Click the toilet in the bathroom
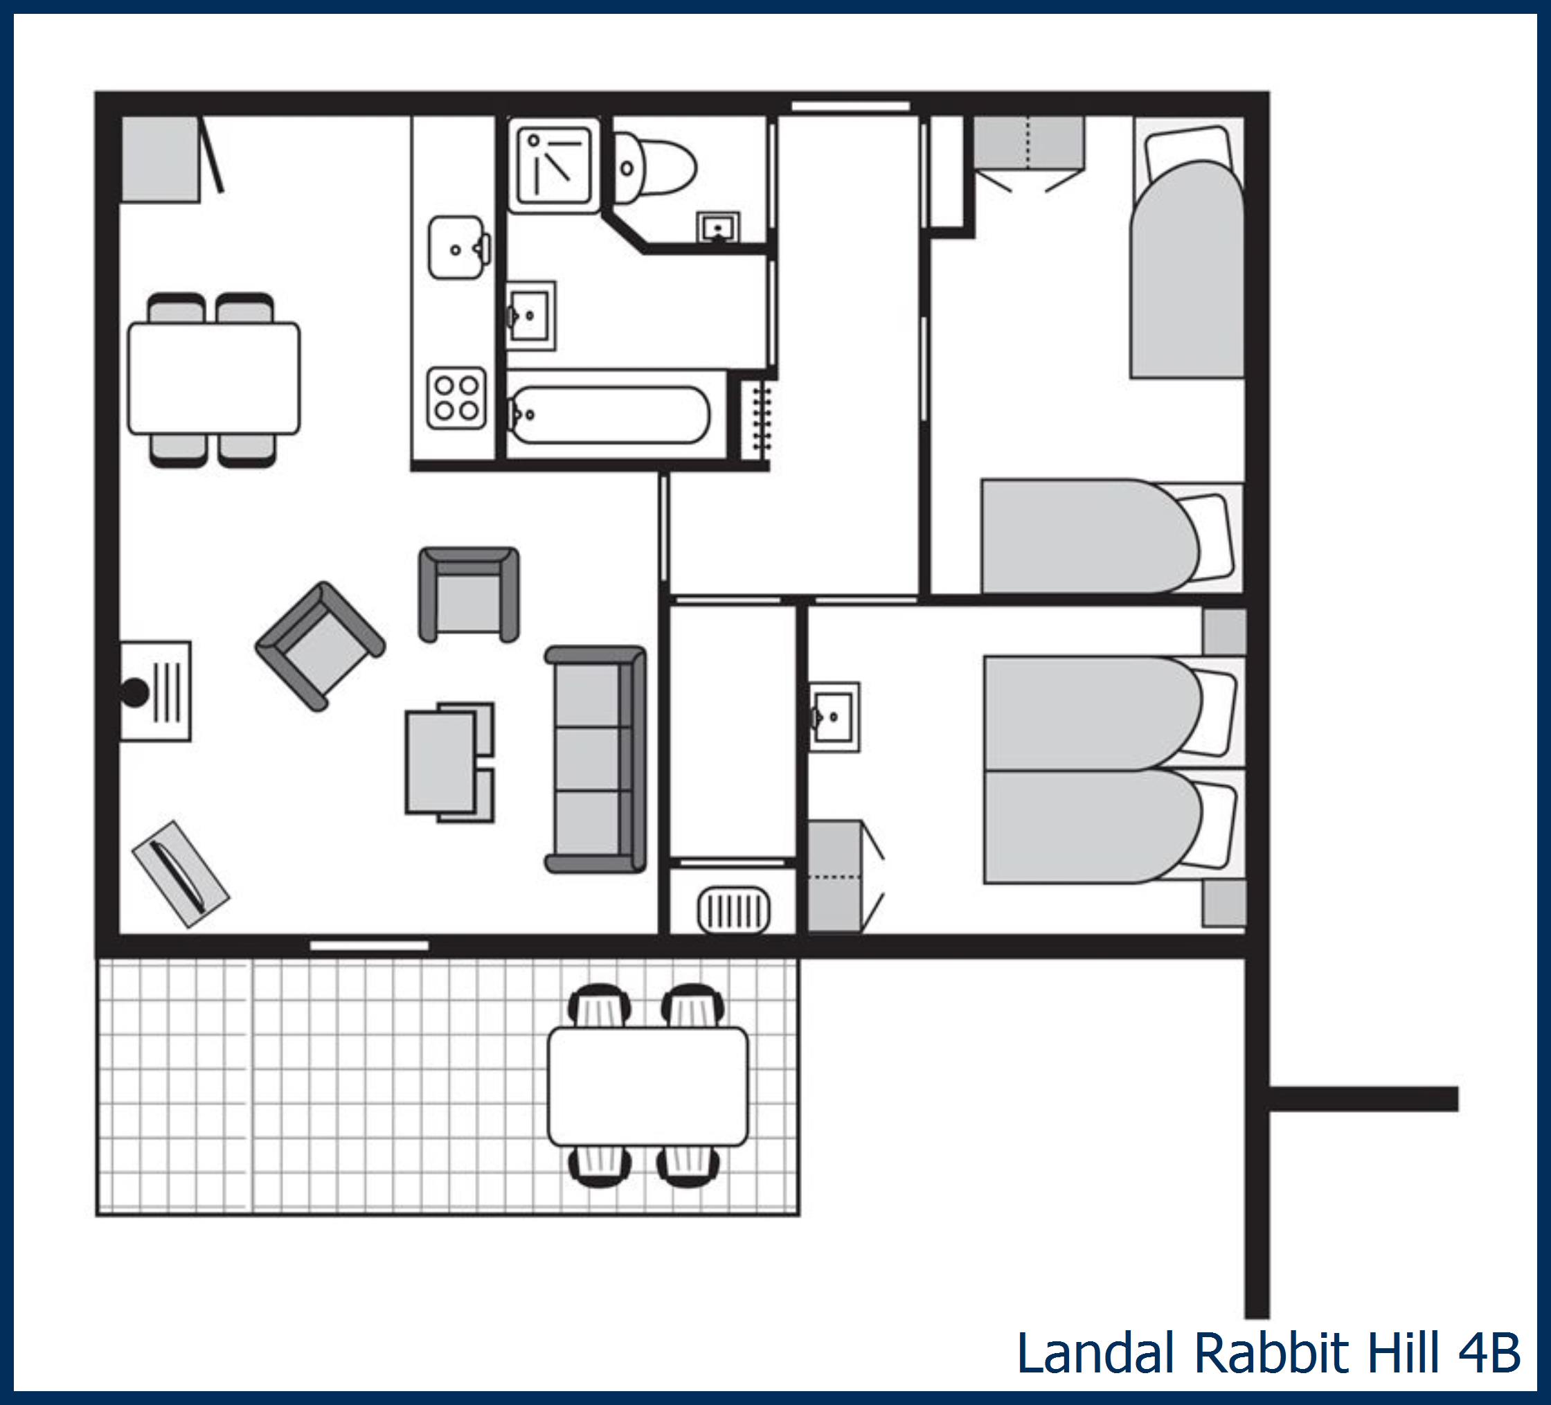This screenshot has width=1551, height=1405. point(654,167)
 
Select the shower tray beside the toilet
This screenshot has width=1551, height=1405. point(554,165)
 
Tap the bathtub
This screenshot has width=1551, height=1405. point(609,415)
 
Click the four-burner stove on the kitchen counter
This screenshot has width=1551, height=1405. point(457,397)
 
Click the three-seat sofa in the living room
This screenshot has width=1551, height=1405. point(595,759)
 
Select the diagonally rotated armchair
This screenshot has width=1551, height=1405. point(320,645)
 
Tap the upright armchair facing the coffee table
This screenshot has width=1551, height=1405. point(469,594)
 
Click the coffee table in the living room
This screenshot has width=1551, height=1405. point(442,762)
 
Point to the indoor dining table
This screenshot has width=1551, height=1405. point(214,378)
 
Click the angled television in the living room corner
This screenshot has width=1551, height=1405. point(181,873)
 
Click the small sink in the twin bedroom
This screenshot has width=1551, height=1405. point(834,717)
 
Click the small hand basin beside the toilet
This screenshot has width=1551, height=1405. point(719,228)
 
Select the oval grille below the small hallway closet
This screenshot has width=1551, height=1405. point(733,911)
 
